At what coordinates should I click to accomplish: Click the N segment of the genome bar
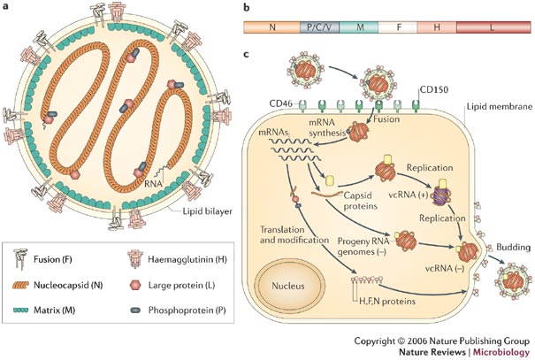[271, 27]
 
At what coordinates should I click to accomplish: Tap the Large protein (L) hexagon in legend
[134, 289]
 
